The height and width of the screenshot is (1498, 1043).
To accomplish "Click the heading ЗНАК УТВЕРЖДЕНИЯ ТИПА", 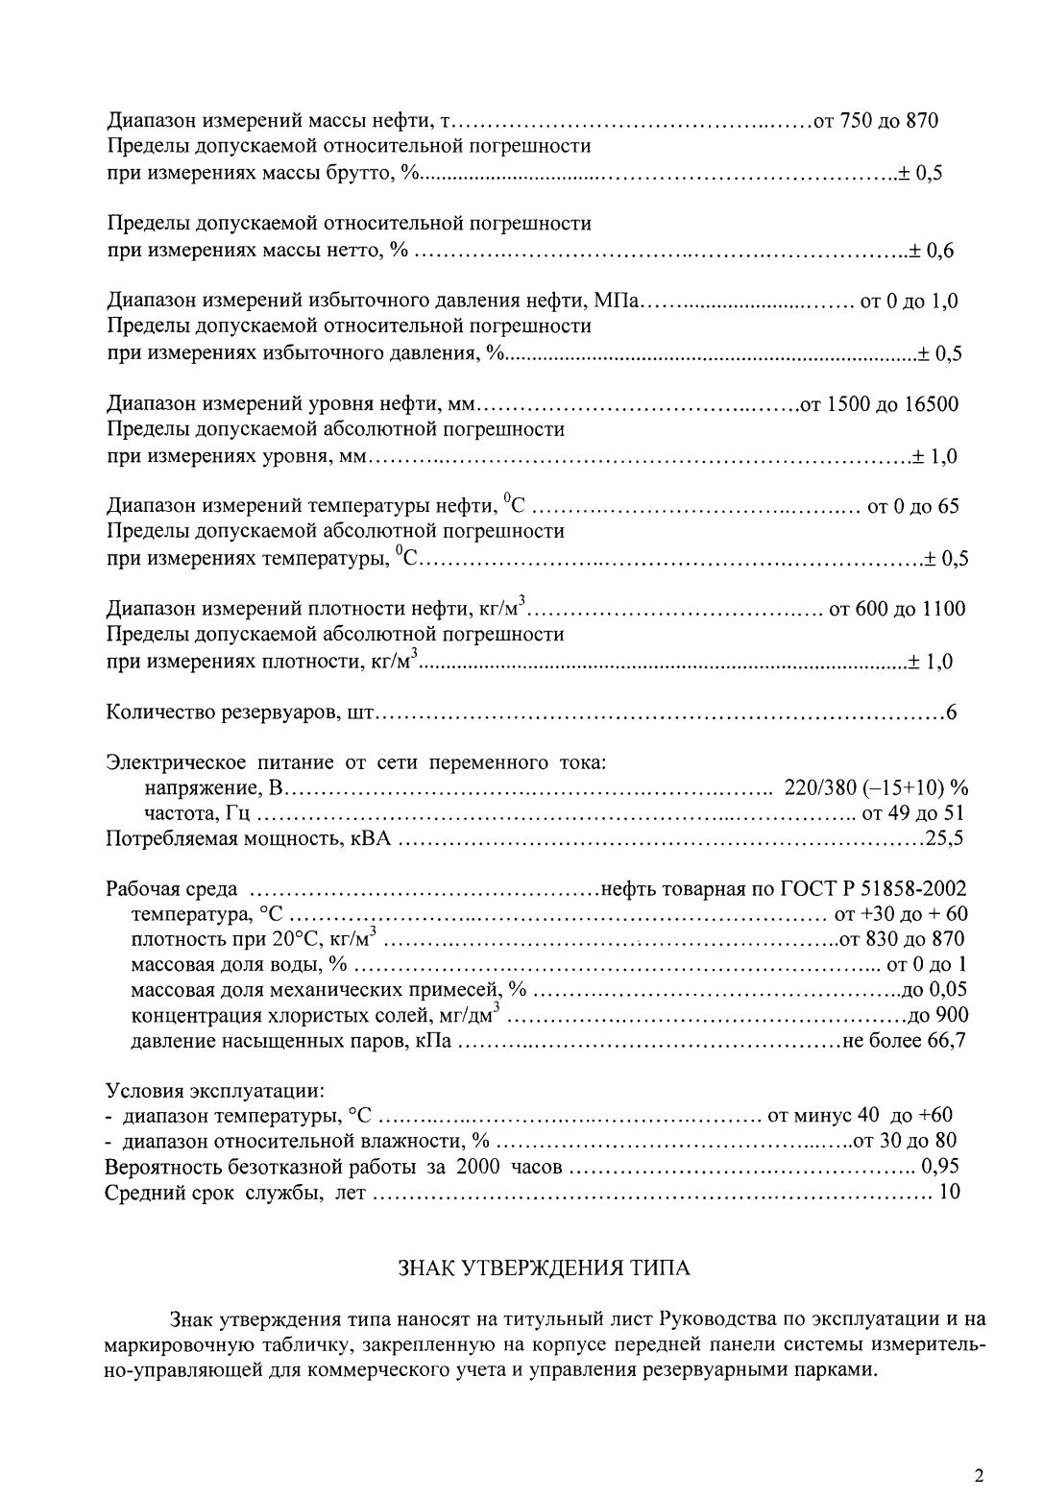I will (x=544, y=1268).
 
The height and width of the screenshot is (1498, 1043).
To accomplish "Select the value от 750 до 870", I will (x=875, y=121).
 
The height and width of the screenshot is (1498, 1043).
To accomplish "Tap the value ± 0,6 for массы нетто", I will (x=932, y=252).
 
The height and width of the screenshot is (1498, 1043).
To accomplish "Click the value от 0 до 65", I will (x=912, y=507).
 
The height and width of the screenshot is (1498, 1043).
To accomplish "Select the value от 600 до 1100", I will (x=897, y=610).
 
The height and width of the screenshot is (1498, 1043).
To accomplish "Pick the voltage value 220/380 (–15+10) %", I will (x=876, y=788).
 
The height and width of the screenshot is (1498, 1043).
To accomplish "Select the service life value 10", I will (x=949, y=1194).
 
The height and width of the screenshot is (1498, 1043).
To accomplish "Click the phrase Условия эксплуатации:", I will (x=214, y=1091).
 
